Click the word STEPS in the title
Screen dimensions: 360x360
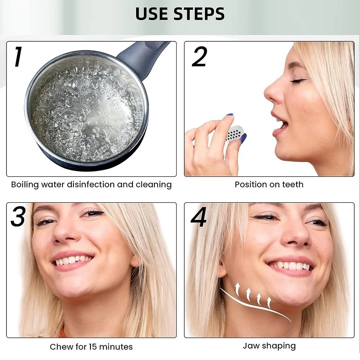point(199,14)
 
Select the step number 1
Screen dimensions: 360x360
point(18,57)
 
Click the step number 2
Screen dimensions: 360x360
point(199,57)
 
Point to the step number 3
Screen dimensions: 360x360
point(18,216)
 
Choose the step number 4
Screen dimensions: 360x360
point(199,217)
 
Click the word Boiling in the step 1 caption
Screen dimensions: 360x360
point(25,185)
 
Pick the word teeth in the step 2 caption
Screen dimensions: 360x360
point(293,184)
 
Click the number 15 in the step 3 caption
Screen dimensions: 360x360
point(92,347)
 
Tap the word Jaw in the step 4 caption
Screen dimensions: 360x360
point(251,346)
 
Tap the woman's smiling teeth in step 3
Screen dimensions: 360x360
point(73,260)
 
